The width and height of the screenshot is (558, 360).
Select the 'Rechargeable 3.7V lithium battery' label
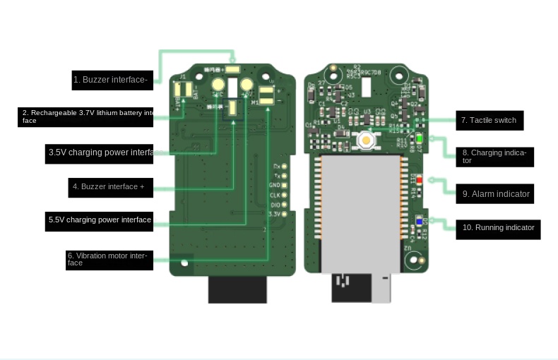[85, 116]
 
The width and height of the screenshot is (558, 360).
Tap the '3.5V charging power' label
[100, 152]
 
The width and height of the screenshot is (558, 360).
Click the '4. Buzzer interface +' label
[112, 187]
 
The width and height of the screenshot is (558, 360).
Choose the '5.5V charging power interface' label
[100, 220]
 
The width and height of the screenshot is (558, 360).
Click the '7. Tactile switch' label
[489, 121]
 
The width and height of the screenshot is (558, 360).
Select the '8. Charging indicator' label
[494, 157]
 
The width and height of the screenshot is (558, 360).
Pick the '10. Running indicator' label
[498, 228]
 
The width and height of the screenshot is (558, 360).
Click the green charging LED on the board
[419, 139]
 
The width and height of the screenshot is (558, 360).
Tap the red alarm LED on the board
[419, 180]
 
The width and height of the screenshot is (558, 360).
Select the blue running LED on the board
[419, 222]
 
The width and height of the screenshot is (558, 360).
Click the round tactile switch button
[366, 140]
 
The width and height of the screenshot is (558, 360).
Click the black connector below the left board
[237, 289]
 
